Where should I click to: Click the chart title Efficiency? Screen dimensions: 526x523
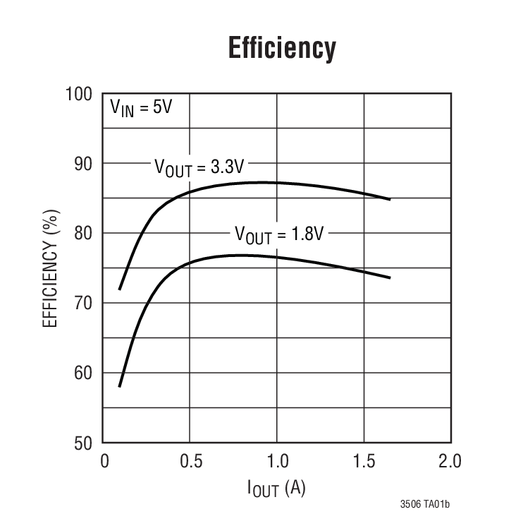tap(281, 49)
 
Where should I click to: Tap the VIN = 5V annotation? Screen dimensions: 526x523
tap(140, 108)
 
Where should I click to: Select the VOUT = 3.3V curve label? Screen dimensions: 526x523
tap(199, 168)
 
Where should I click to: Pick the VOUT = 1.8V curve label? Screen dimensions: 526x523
tap(278, 234)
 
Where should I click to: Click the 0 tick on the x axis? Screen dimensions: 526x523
tap(104, 462)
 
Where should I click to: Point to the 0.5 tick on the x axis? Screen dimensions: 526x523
tap(190, 462)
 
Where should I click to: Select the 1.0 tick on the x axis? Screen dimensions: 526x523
tap(277, 462)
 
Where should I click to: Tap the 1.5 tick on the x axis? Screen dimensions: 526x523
tap(364, 462)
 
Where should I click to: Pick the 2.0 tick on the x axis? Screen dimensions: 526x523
tap(450, 462)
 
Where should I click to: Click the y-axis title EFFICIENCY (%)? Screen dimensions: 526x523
tap(50, 268)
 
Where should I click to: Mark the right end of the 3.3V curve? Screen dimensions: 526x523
tap(390, 199)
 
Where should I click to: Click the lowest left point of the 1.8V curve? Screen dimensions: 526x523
tap(120, 386)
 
